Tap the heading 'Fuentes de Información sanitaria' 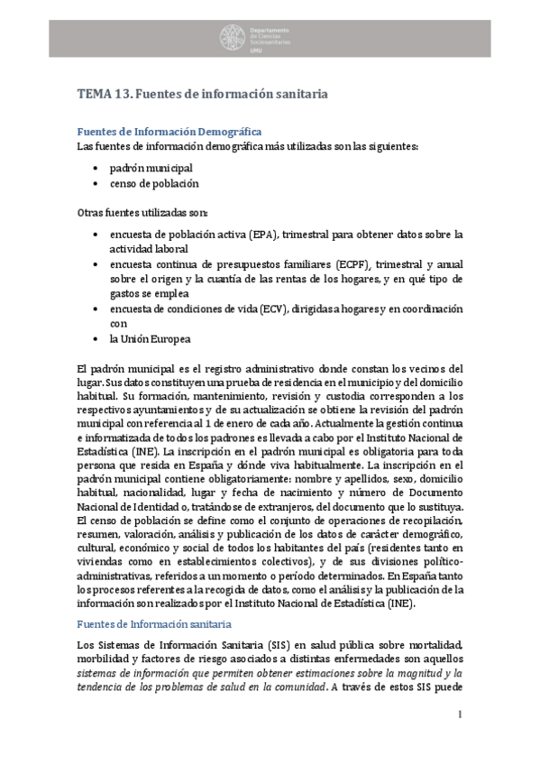tap(154, 624)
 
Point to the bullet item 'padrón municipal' tap(151, 168)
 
